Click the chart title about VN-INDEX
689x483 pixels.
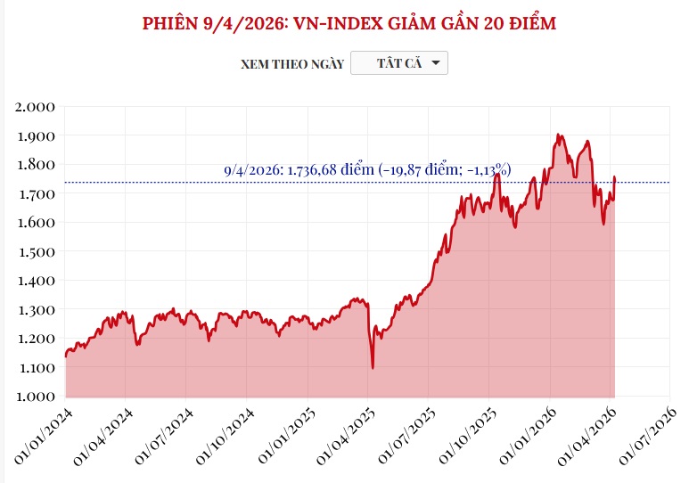pos(349,23)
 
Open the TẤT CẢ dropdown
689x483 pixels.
pos(399,63)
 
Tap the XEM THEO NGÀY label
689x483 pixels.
pos(291,64)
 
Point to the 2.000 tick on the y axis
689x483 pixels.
pos(37,107)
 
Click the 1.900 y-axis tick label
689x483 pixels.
pos(37,135)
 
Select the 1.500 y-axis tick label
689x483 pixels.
pos(37,251)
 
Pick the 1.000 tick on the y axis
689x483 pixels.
pos(37,396)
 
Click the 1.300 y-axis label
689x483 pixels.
pos(37,309)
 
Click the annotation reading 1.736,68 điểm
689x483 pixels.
pos(366,169)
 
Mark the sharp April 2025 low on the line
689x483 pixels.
pos(373,367)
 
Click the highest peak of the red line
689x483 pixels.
pos(558,135)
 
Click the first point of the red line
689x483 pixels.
pos(65,356)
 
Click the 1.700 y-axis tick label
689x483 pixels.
pos(37,193)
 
